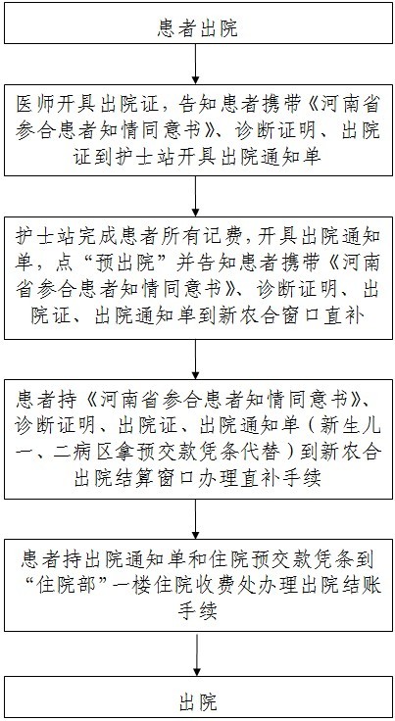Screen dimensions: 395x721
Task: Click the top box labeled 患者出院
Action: click(198, 29)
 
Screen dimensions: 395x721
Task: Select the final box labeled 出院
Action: click(198, 703)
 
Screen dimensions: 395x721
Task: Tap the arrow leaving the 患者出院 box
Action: click(195, 64)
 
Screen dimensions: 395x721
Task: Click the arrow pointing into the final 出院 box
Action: click(197, 660)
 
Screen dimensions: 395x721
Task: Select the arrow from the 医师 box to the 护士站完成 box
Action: click(195, 196)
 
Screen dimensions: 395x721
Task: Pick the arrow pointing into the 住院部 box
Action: click(195, 518)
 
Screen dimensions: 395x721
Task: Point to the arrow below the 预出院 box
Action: click(195, 360)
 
